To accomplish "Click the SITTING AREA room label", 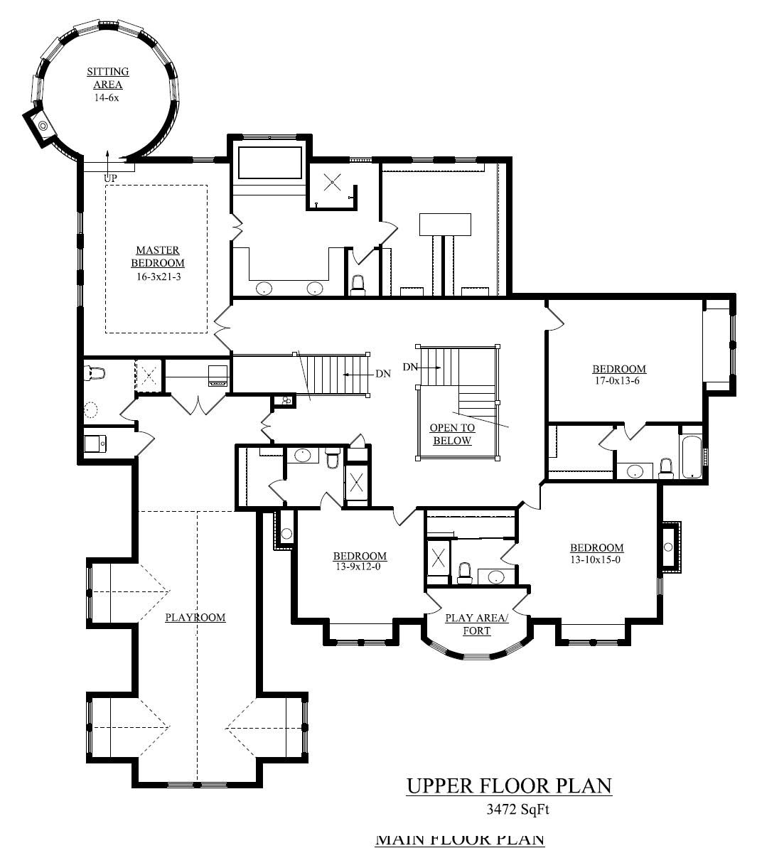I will pos(107,77).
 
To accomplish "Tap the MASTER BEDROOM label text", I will pos(157,256).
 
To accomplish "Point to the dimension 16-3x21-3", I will pos(157,277).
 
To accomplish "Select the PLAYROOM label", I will pos(195,617).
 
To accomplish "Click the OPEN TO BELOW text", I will pos(452,434).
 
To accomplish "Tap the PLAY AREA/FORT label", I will pos(476,623).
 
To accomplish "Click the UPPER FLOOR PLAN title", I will pos(509,785).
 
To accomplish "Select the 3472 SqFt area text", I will pos(510,808).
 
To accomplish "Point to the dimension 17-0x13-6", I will pos(619,380).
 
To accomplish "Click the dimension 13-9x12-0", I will pos(360,567).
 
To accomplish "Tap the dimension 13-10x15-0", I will pos(596,559).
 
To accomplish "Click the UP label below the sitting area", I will pos(110,178).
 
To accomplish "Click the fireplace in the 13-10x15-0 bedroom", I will pos(669,547).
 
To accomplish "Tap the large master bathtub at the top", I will pos(270,163).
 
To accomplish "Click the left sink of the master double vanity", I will pos(264,289).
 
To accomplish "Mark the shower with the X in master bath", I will pos(332,182).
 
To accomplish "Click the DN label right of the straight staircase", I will pos(382,373).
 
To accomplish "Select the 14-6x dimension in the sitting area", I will pos(107,97).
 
